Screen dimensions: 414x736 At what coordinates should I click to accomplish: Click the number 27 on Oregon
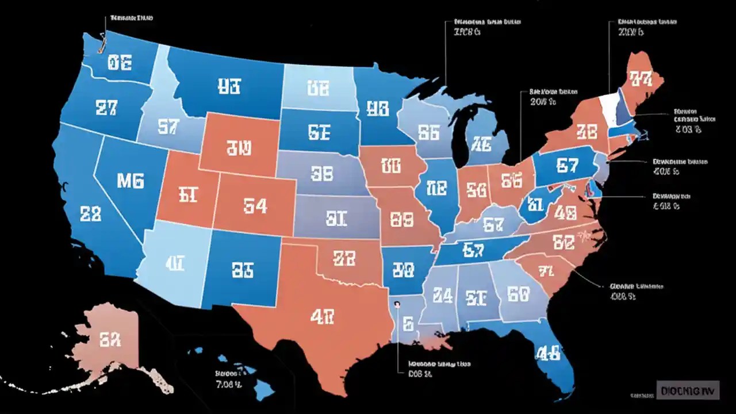pyautogui.click(x=106, y=109)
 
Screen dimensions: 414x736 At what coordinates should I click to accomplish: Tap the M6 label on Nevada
pyautogui.click(x=131, y=181)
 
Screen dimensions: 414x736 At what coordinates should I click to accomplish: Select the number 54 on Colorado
pyautogui.click(x=255, y=205)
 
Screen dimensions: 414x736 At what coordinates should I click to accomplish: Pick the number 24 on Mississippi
pyautogui.click(x=442, y=295)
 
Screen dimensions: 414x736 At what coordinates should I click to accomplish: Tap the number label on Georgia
pyautogui.click(x=518, y=294)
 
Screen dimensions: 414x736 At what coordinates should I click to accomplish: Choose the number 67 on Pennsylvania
pyautogui.click(x=567, y=166)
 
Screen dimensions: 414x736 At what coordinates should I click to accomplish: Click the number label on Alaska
pyautogui.click(x=110, y=340)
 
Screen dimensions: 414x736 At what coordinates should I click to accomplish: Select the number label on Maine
pyautogui.click(x=640, y=78)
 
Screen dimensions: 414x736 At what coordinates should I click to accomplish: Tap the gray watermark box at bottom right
pyautogui.click(x=687, y=390)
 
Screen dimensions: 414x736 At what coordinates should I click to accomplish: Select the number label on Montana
pyautogui.click(x=229, y=86)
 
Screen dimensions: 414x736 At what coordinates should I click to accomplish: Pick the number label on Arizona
pyautogui.click(x=174, y=264)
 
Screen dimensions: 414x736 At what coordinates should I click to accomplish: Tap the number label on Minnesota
pyautogui.click(x=377, y=108)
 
